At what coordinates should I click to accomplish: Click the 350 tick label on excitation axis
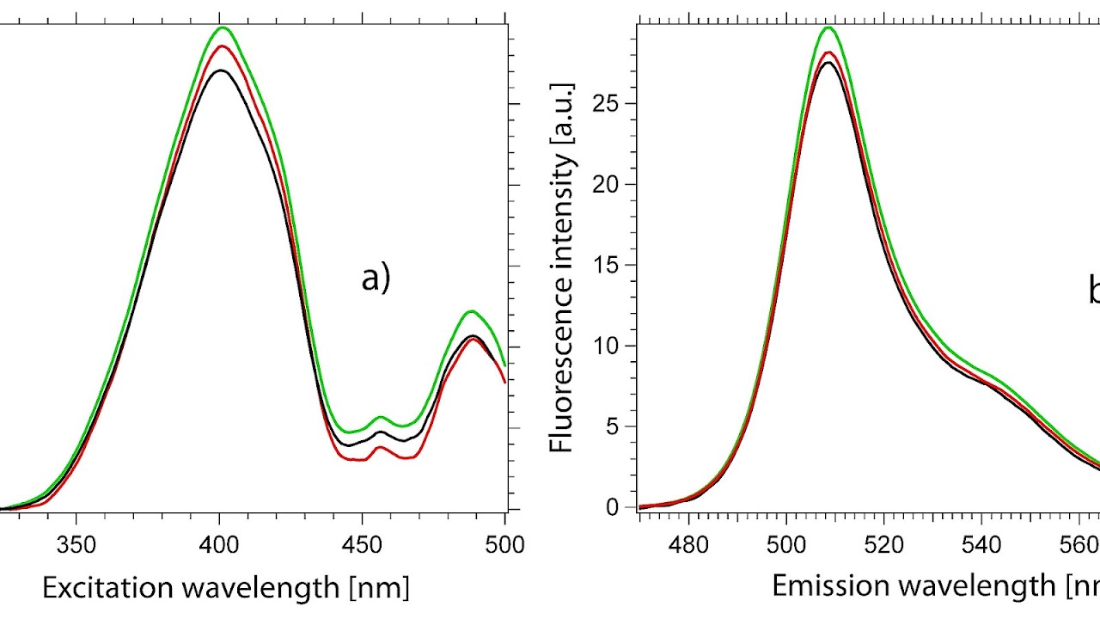point(76,545)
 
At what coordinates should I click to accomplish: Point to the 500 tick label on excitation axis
point(504,545)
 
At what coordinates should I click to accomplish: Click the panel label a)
point(376,279)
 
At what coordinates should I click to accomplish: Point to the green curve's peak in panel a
point(221,28)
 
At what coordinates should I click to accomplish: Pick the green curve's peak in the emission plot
point(828,28)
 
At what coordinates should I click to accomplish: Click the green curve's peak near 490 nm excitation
point(471,311)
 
